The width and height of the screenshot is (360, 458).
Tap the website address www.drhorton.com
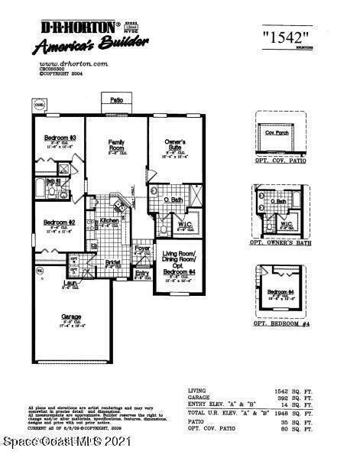(x=64, y=64)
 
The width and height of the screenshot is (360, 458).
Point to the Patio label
(x=116, y=100)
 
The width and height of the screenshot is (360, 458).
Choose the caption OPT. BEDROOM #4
(x=282, y=323)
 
